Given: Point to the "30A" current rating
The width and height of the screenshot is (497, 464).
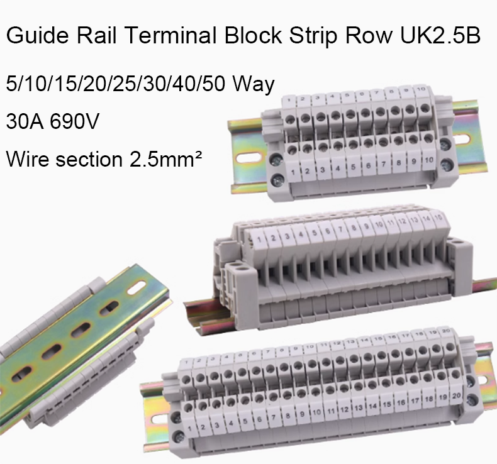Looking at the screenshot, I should pyautogui.click(x=25, y=119).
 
